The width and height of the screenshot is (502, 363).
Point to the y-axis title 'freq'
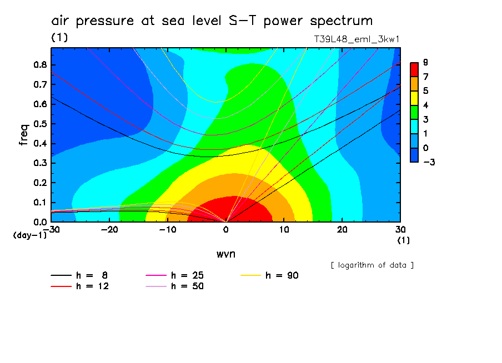[x=24, y=135]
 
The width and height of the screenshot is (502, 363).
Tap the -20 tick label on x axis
[x=109, y=230]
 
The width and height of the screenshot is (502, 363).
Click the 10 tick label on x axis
[x=284, y=230]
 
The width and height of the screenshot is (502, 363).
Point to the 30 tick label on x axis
[x=400, y=230]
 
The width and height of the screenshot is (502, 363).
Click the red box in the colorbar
[x=414, y=69]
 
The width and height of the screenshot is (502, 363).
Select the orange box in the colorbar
[x=414, y=83]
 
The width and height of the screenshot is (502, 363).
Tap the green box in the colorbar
[x=414, y=112]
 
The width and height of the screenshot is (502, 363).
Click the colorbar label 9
[x=425, y=62]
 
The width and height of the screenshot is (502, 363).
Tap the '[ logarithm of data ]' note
[x=372, y=265]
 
